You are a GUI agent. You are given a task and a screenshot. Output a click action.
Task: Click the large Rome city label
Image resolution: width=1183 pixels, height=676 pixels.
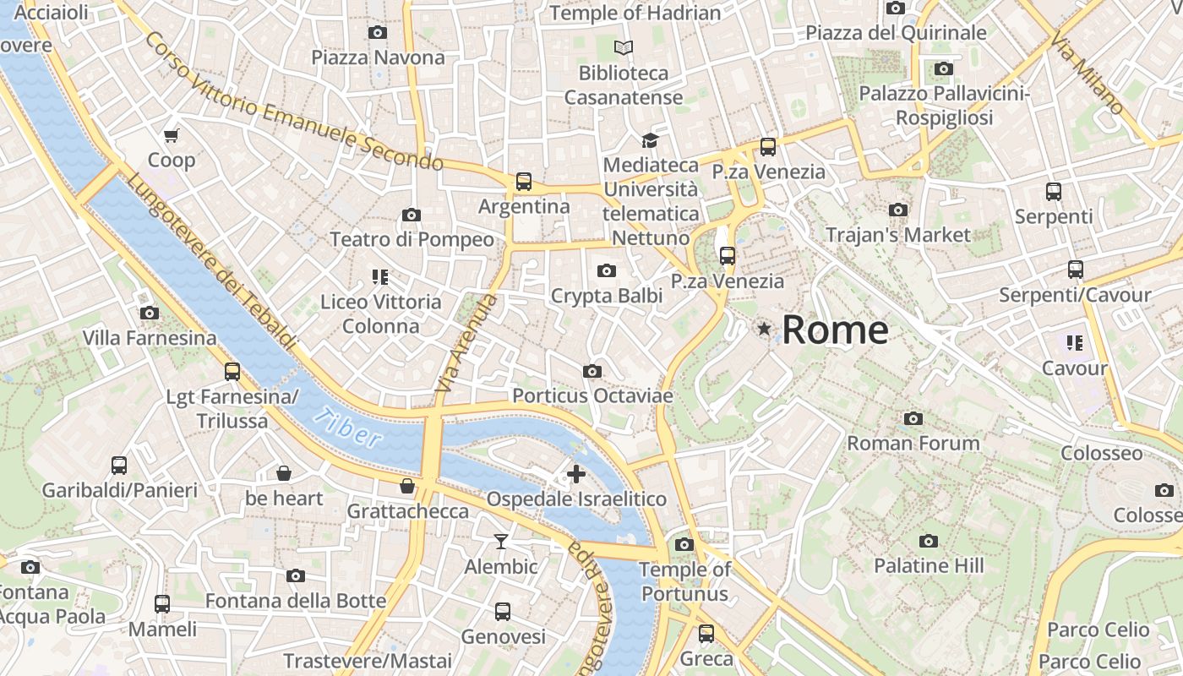(x=835, y=330)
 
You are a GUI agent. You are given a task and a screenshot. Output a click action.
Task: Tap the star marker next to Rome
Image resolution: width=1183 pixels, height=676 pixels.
(x=764, y=329)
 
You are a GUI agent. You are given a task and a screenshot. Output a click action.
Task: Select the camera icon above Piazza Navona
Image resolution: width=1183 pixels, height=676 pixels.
(x=378, y=32)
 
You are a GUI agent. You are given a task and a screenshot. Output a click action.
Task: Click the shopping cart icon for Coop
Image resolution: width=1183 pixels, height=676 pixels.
(x=172, y=135)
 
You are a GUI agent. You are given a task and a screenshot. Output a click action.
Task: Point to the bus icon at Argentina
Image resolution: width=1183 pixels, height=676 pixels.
(x=524, y=181)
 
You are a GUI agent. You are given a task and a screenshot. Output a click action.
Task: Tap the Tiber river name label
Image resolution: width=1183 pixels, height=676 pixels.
(x=346, y=428)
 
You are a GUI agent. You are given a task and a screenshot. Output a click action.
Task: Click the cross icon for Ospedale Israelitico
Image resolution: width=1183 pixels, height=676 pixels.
(x=576, y=473)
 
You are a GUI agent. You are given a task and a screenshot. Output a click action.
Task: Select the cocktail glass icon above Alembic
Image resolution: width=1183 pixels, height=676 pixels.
(x=501, y=541)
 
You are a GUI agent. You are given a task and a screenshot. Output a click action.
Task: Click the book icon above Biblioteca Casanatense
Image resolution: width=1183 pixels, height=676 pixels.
(x=624, y=47)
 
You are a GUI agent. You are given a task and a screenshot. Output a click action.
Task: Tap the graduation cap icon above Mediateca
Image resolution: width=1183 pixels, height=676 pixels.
(x=649, y=140)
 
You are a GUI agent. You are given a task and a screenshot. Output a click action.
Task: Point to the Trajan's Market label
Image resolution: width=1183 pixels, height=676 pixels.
(x=897, y=235)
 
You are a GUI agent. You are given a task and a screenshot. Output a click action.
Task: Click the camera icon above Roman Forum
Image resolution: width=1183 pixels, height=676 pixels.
(x=913, y=418)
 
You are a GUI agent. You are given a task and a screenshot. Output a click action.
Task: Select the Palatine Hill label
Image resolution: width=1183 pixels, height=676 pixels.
(x=929, y=565)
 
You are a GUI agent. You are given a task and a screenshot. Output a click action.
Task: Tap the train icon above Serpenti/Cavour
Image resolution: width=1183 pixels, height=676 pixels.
(x=1075, y=270)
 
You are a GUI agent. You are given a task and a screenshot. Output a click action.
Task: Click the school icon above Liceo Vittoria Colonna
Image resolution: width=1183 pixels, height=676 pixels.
(x=379, y=276)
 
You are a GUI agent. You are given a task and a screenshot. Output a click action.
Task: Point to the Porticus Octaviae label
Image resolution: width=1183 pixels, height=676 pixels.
(x=592, y=395)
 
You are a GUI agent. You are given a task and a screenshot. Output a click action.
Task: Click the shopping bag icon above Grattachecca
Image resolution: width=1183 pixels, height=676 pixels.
(x=407, y=486)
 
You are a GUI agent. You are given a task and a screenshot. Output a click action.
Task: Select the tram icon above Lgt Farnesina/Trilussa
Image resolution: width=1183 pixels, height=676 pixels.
(x=232, y=371)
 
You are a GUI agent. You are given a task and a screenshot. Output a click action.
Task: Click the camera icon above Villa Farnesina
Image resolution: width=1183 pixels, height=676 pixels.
(x=150, y=313)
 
